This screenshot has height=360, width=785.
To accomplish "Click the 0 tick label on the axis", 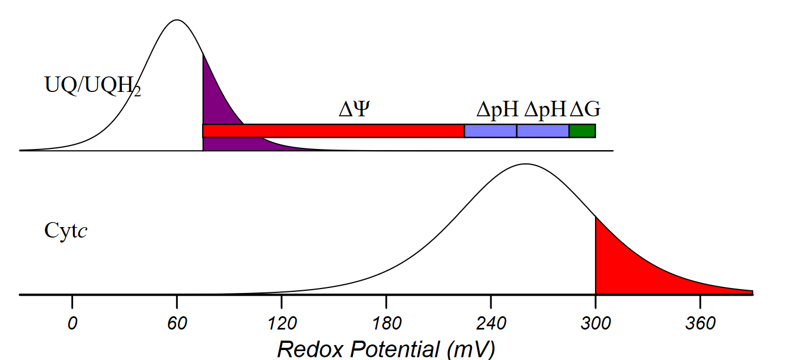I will (x=72, y=323).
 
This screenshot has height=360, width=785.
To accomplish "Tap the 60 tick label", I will (x=177, y=323).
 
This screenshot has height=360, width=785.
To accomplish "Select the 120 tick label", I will (x=281, y=323).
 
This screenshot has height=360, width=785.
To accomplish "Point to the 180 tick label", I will (x=386, y=323).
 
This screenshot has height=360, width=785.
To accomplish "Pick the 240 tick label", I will (x=491, y=323).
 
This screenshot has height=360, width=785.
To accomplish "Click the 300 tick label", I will (x=596, y=323).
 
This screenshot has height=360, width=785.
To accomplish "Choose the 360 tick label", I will (x=700, y=323).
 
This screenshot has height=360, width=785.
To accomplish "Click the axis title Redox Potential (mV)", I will (x=386, y=349).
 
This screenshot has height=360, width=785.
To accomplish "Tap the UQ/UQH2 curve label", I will (x=92, y=85).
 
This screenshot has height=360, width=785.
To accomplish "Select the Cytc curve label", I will (x=66, y=230).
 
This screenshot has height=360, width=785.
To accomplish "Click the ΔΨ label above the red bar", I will (x=353, y=110).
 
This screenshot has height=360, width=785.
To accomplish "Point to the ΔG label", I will (x=585, y=110).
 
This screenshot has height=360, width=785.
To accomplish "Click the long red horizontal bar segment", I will (x=333, y=131).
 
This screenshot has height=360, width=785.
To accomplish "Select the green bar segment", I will (x=582, y=131).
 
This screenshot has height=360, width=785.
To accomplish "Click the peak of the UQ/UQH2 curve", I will (x=177, y=20).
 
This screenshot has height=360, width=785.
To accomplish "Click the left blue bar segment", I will (x=490, y=131).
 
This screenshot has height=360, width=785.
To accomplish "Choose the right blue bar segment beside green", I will (x=543, y=131).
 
